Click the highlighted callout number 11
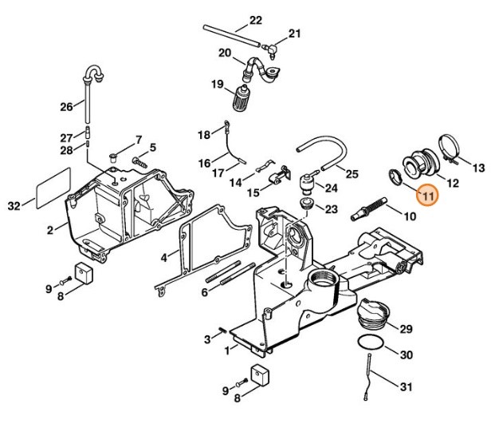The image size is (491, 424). tap(428, 195)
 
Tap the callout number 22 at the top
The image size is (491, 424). tap(256, 21)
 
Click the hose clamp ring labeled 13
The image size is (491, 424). tap(449, 149)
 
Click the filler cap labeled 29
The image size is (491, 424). tap(374, 314)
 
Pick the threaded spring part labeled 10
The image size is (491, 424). tap(368, 209)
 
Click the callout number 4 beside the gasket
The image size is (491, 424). tap(163, 258)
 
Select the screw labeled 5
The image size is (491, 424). tap(139, 162)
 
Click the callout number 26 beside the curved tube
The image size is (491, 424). tap(66, 107)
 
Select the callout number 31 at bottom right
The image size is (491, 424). tap(407, 386)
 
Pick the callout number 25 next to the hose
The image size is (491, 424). tap(352, 173)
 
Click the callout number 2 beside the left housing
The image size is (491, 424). tap(50, 231)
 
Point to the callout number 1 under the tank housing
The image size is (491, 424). tap(227, 350)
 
